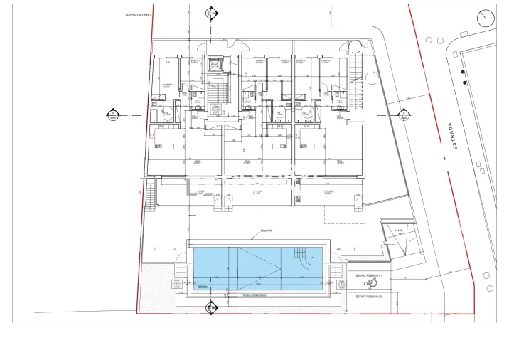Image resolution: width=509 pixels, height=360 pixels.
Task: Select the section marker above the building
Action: tap(211, 13)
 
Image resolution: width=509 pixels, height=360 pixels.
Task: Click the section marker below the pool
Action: tap(210, 307)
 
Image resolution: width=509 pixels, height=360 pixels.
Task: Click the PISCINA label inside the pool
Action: tap(202, 286)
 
